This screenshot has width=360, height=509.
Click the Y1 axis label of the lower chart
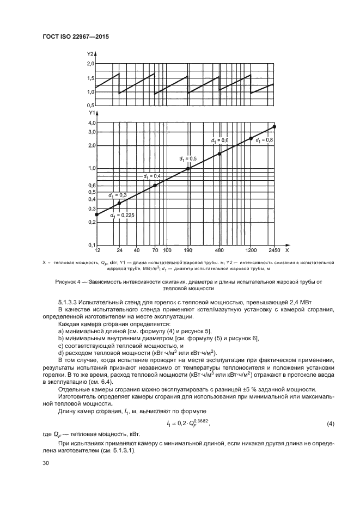(x=90, y=114)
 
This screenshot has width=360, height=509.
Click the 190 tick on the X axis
(x=188, y=251)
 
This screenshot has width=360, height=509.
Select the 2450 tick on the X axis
(x=274, y=251)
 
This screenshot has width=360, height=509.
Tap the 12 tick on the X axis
(x=97, y=251)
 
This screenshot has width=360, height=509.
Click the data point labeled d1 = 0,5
(x=188, y=169)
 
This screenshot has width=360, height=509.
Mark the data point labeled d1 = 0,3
(x=119, y=203)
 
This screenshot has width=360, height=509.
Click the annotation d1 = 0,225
(x=122, y=216)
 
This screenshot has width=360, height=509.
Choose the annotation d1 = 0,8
(x=264, y=140)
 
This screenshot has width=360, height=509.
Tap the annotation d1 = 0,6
(x=219, y=141)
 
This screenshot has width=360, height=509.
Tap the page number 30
(x=46, y=463)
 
